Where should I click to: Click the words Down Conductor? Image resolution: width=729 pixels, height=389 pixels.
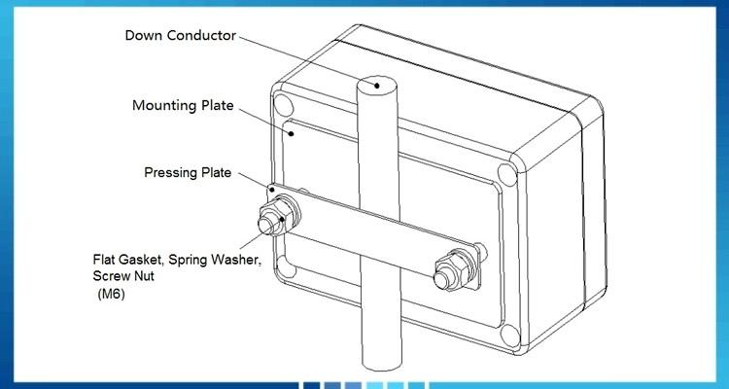tap(182, 37)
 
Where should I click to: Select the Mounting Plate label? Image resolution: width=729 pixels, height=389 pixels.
tap(182, 105)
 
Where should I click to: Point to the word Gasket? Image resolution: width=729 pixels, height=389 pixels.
tap(146, 260)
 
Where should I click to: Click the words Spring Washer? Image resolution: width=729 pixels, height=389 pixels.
tap(216, 260)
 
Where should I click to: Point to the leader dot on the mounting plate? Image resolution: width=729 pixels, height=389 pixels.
tap(289, 125)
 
